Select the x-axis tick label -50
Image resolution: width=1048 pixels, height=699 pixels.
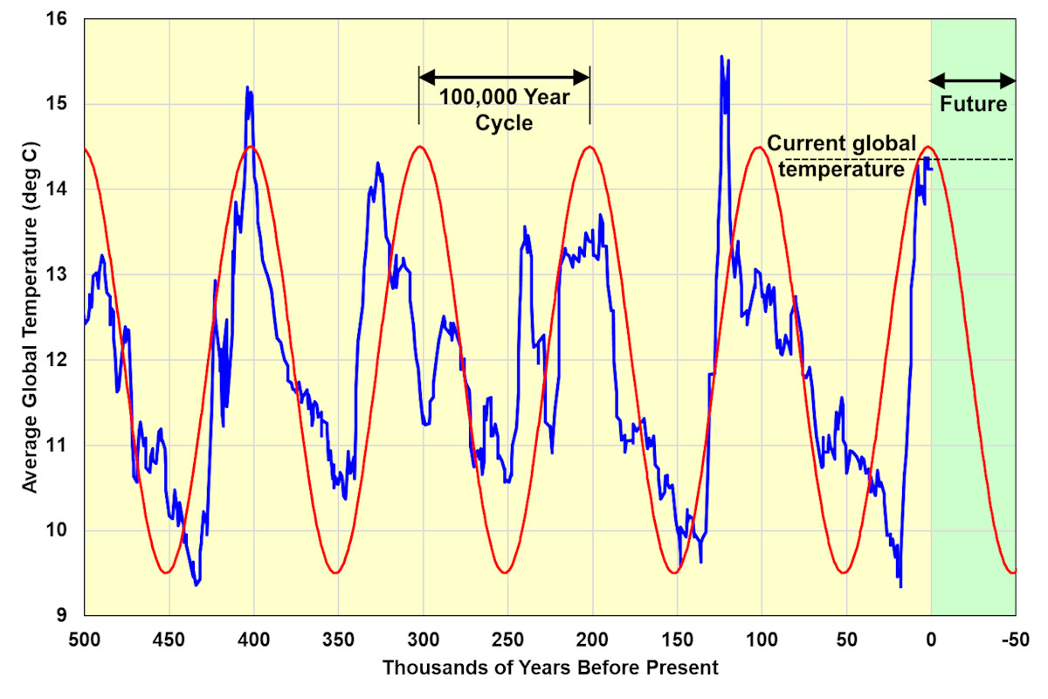pos(1015,640)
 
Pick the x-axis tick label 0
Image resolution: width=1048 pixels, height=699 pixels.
pos(931,640)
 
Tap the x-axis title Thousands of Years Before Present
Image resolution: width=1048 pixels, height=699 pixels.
pos(549,668)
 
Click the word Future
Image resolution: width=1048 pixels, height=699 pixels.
pos(973,105)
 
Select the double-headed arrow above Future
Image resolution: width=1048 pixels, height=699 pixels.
pos(973,81)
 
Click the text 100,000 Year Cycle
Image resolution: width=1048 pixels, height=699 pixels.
pos(504,110)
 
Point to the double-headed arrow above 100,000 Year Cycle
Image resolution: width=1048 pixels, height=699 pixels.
pos(504,76)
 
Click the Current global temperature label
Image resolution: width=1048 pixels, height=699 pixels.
pos(841,156)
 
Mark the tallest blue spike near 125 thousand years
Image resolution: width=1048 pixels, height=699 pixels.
pos(721,57)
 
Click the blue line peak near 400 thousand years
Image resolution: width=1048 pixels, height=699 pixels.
pos(247,87)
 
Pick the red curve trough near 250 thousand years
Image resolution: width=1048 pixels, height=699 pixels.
pos(505,573)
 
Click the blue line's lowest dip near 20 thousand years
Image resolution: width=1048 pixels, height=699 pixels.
pos(900,585)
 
